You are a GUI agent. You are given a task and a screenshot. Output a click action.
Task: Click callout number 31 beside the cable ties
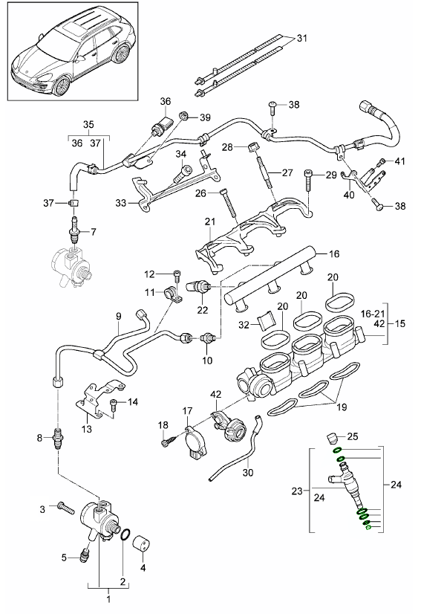pos(301,38)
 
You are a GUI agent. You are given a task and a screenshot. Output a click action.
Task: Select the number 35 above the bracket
pos(88,124)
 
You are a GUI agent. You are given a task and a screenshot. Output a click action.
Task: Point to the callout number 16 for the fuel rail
pos(334,253)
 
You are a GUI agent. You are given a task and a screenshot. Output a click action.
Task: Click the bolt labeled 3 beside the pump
pos(63,509)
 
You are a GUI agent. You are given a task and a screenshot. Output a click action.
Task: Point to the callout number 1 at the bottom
pos(110,598)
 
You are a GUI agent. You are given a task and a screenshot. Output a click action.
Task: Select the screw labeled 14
pos(114,404)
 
